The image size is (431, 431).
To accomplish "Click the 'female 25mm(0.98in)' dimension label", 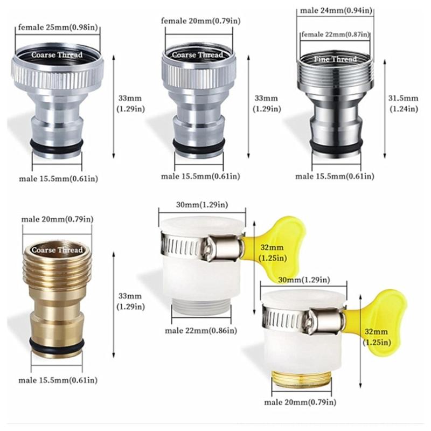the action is coord(58,27).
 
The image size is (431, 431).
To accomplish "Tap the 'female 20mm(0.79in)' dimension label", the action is coord(200,21).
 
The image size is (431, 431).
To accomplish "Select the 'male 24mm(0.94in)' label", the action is coord(336,11).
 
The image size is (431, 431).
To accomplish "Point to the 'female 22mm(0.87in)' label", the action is coord(335,34).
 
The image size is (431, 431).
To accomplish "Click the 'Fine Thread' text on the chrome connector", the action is coord(335,59).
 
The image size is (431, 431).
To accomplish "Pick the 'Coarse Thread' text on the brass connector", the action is coord(57,250).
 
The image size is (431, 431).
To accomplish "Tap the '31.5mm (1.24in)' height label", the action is coord(403,103).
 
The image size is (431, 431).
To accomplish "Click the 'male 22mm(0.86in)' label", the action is coord(201,330).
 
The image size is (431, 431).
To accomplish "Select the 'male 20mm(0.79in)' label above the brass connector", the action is coord(58,219).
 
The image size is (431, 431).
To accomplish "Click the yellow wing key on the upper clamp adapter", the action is coord(277,242).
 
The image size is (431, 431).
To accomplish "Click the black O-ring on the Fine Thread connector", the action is coord(336,146).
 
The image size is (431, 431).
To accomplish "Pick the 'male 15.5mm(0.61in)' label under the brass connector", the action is coord(58,380).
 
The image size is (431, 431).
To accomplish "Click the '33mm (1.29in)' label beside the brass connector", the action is coord(130,302).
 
